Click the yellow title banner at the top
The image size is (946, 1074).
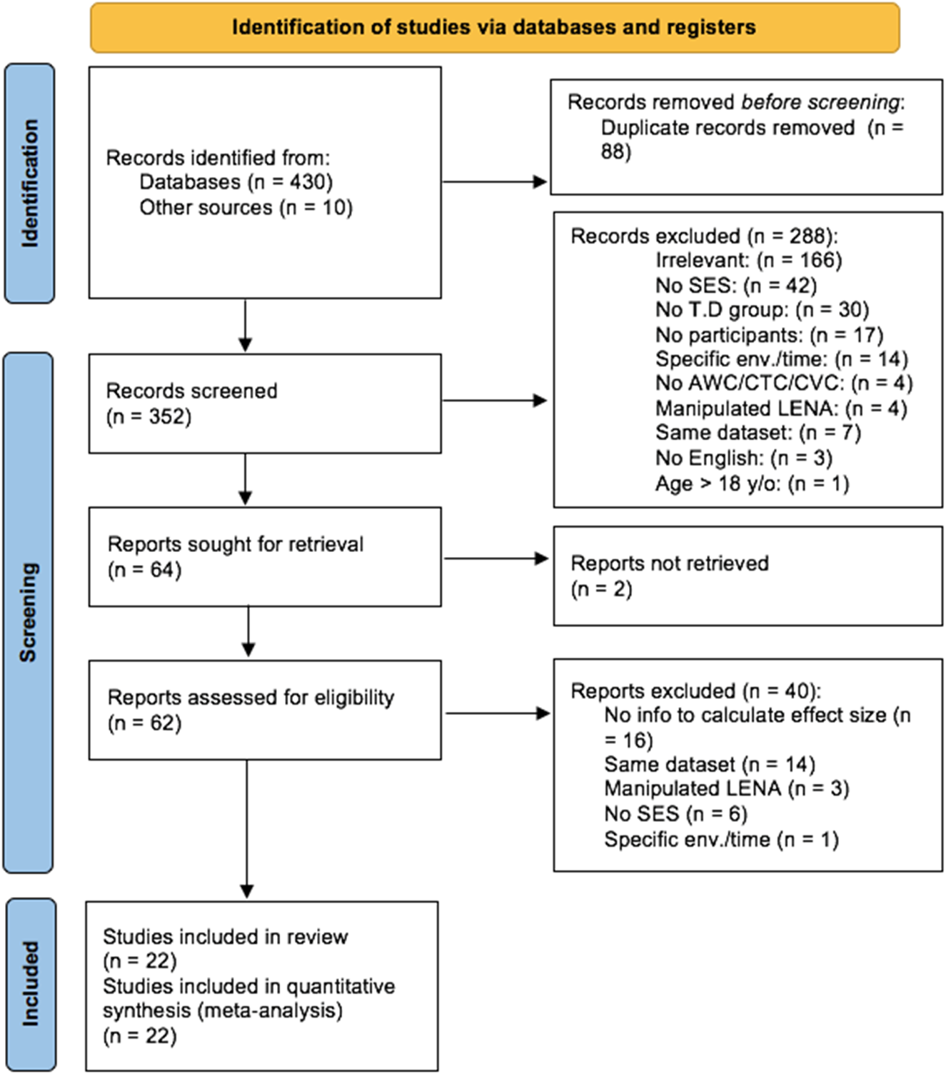pos(494,28)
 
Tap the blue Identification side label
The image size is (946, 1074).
pos(29,184)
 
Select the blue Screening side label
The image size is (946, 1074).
pos(29,612)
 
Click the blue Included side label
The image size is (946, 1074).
pos(31,984)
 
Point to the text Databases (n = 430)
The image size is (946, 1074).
pos(236,182)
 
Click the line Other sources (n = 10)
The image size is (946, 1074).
pos(246,208)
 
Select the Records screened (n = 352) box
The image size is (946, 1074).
pos(264,403)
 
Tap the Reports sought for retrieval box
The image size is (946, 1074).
pos(264,557)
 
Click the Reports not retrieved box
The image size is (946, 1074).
pos(748,576)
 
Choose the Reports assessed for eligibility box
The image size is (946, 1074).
pos(264,710)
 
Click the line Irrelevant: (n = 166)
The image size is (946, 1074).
pos(748,261)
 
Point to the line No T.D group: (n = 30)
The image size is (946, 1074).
pos(762,310)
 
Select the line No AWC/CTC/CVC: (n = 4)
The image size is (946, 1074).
pos(783,383)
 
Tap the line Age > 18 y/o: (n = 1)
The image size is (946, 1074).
pos(752,484)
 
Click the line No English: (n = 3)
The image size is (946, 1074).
pos(743,458)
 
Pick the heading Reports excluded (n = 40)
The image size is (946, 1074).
pos(695,691)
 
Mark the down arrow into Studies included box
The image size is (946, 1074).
pos(247,828)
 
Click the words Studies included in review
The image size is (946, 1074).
pos(225,937)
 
